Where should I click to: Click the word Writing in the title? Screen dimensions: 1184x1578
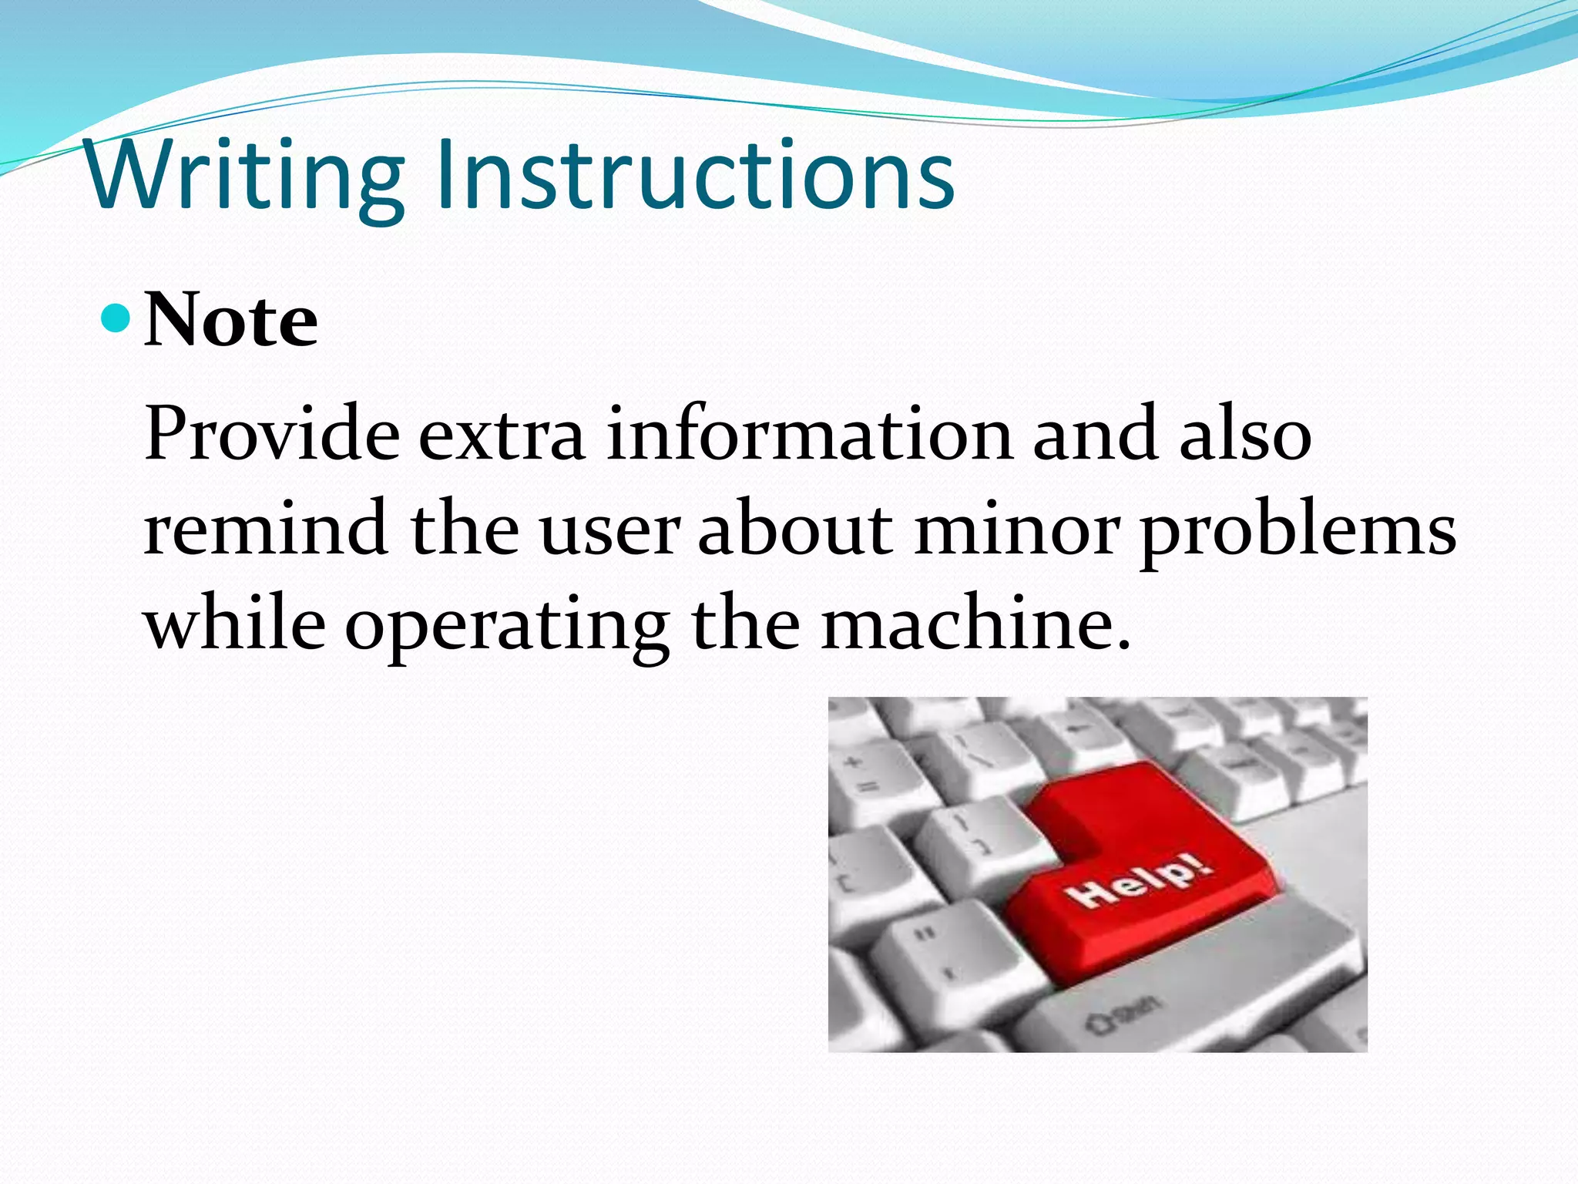[245, 176]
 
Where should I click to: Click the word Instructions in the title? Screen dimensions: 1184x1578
[695, 176]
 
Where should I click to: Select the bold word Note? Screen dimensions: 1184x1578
[230, 320]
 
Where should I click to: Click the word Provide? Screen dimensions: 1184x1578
[271, 434]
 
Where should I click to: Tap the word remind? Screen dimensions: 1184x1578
[266, 529]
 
